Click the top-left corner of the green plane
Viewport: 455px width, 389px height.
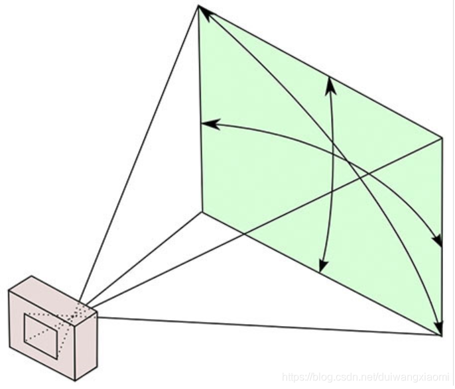pyautogui.click(x=198, y=6)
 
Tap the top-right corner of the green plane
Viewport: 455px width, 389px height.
pyautogui.click(x=442, y=138)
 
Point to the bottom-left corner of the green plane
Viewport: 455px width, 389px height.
pyautogui.click(x=202, y=211)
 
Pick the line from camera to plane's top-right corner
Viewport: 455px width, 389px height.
pyautogui.click(x=265, y=221)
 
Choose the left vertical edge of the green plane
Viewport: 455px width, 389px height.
pyautogui.click(x=200, y=109)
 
